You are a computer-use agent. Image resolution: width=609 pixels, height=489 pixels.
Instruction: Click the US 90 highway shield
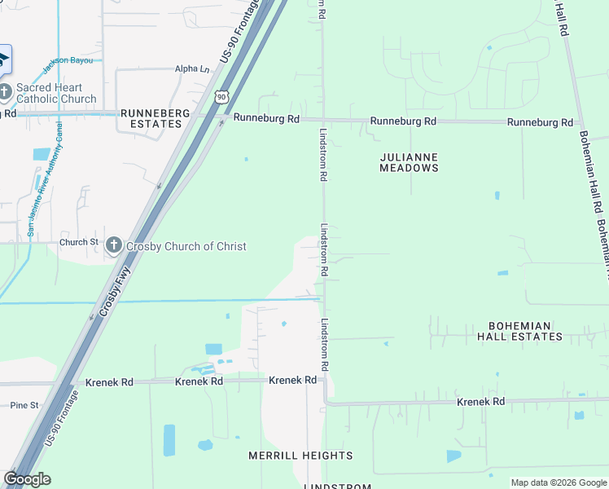(221, 97)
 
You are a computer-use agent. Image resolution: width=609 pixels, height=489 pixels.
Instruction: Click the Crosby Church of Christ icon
(114, 245)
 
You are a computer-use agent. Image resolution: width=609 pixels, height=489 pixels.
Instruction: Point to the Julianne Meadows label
(409, 162)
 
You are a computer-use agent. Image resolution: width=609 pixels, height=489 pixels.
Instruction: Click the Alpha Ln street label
(192, 69)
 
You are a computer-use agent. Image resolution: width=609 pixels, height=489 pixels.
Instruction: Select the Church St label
(78, 242)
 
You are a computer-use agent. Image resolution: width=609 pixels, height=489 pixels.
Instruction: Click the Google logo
(27, 479)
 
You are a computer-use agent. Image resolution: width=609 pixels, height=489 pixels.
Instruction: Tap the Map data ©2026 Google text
(558, 482)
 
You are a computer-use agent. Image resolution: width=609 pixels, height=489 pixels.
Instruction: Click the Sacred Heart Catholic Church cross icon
(6, 90)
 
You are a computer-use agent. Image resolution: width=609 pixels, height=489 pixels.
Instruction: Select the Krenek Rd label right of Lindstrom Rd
(480, 402)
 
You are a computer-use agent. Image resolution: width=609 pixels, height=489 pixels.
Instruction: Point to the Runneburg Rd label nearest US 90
(266, 118)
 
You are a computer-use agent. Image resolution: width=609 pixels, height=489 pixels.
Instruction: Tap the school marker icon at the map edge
(4, 58)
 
